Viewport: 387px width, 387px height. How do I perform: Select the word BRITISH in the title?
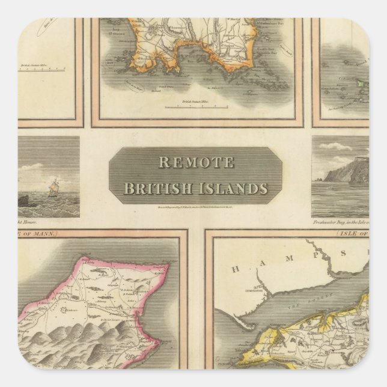click(159, 189)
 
